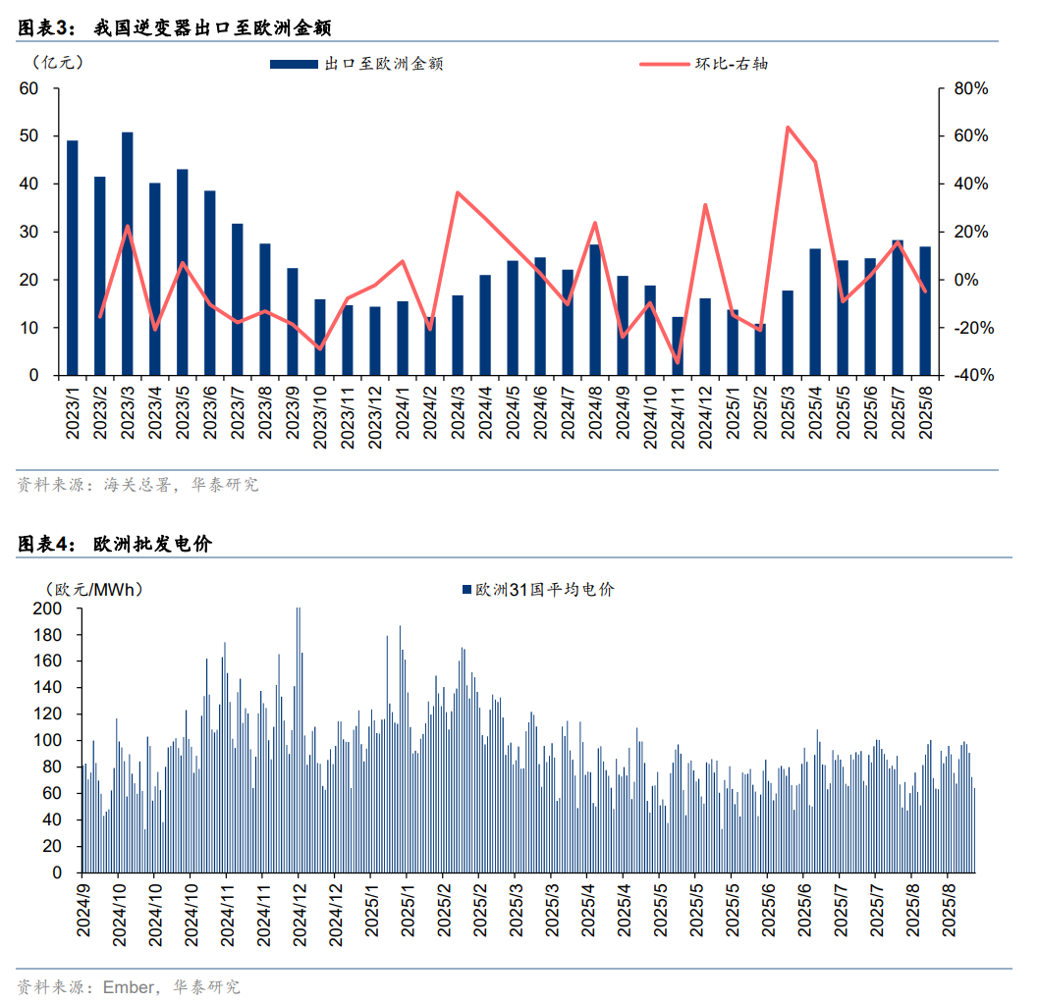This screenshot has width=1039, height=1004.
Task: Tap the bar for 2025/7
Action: coord(898,307)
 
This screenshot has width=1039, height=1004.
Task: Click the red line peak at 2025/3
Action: coord(788,127)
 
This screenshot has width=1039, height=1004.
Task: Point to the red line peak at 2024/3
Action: coord(458,192)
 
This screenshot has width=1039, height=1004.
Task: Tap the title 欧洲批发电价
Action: coord(152,544)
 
